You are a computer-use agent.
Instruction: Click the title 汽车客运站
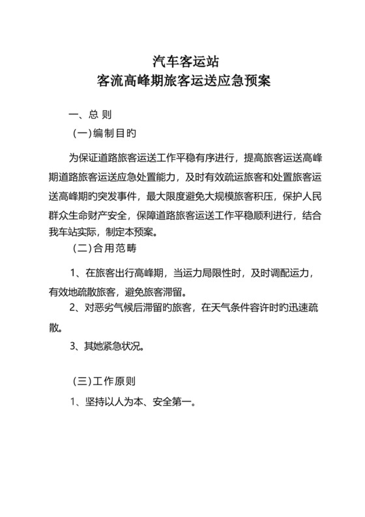tap(182, 63)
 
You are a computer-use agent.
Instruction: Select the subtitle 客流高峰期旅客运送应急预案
tap(182, 83)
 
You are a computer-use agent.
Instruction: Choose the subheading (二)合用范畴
tap(104, 249)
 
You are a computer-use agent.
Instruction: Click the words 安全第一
tap(173, 402)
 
